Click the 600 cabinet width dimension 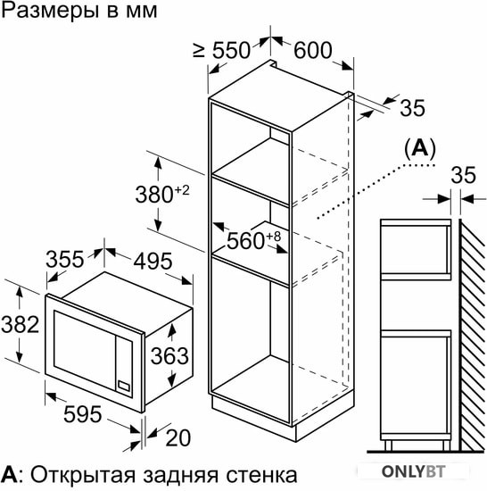(x=312, y=50)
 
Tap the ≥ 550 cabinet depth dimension (x=221, y=50)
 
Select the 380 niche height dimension (x=162, y=194)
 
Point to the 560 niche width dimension (x=253, y=240)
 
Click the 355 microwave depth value (x=65, y=260)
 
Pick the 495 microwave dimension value (x=153, y=261)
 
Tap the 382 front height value (x=21, y=324)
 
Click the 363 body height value (x=169, y=356)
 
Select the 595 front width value (x=83, y=414)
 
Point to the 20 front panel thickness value (x=178, y=437)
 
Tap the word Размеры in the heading (x=48, y=12)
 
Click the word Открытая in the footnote (x=83, y=475)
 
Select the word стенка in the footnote (x=261, y=476)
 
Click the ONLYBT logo (x=413, y=471)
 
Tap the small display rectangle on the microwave (x=124, y=386)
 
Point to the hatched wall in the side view (x=473, y=335)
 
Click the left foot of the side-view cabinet (x=388, y=445)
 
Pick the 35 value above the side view (x=463, y=175)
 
